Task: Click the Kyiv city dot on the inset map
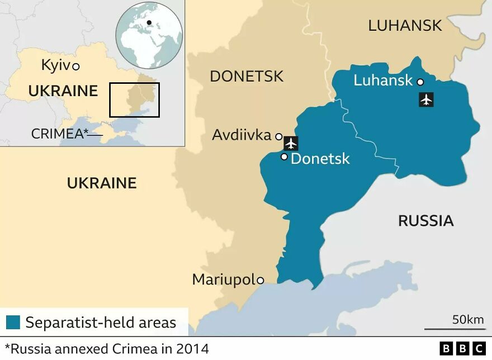(x=76, y=67)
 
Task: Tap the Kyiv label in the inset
(x=56, y=65)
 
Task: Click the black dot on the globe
(x=149, y=23)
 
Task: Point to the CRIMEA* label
(x=60, y=134)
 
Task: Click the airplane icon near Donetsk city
(x=291, y=143)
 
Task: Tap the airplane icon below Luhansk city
(x=426, y=100)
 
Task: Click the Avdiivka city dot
(x=278, y=136)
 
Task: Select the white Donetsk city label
(x=320, y=159)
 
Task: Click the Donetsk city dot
(x=284, y=157)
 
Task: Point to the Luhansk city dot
(x=420, y=82)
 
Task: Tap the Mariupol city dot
(x=260, y=281)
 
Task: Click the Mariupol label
(x=224, y=280)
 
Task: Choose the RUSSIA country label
(x=425, y=221)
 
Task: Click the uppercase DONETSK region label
(x=247, y=77)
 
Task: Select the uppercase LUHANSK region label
(x=405, y=25)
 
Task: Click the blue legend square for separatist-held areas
(x=13, y=323)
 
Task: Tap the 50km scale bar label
(x=467, y=320)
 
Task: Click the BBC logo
(x=462, y=349)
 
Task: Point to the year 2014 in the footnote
(x=192, y=349)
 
